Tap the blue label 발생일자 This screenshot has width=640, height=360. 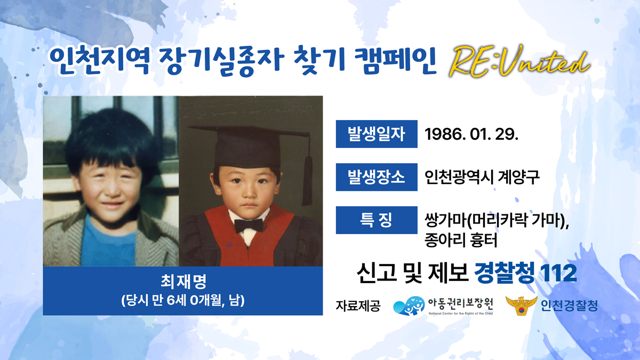(x=377, y=134)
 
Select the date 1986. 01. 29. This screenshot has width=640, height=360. (x=471, y=134)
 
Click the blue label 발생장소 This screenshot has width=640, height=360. (x=377, y=177)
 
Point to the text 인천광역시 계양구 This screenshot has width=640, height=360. (x=482, y=177)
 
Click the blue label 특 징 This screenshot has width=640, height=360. (x=377, y=220)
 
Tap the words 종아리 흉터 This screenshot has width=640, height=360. (x=461, y=241)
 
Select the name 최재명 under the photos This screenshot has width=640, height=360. (x=183, y=282)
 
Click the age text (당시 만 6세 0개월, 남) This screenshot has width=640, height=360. (x=183, y=301)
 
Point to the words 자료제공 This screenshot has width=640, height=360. (x=358, y=306)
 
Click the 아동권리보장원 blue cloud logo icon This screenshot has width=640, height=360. (x=409, y=306)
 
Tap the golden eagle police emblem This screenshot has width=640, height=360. (x=522, y=306)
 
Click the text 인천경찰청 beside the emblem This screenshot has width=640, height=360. (x=569, y=306)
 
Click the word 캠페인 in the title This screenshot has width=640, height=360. (x=395, y=61)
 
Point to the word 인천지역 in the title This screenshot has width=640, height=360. (x=99, y=61)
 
